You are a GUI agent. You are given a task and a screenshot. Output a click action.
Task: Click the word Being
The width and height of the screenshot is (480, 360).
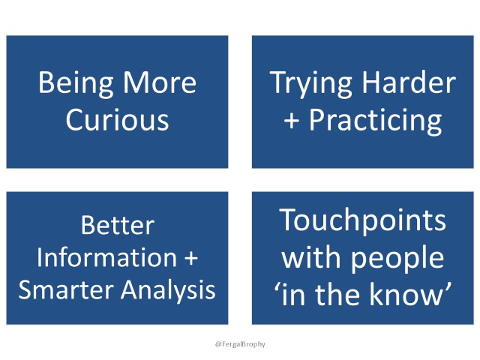(76, 84)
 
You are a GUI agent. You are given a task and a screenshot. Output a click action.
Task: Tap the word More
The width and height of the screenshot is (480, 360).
(160, 82)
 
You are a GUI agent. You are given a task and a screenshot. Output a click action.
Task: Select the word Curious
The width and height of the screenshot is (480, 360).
(117, 119)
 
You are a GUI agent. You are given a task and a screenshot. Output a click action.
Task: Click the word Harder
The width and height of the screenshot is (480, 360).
(409, 82)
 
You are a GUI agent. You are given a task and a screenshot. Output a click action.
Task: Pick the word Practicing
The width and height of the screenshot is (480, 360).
(375, 121)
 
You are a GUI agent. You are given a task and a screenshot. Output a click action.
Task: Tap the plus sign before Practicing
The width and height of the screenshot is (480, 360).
(292, 121)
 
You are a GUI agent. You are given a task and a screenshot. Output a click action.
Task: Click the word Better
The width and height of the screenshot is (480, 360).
(118, 225)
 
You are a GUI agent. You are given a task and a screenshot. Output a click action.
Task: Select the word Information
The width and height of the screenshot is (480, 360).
(106, 257)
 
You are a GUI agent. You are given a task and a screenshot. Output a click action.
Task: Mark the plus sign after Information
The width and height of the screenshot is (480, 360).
(191, 258)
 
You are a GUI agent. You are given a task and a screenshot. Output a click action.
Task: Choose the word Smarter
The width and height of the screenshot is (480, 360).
(66, 289)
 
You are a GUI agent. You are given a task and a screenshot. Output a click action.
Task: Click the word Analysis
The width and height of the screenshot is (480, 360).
(168, 290)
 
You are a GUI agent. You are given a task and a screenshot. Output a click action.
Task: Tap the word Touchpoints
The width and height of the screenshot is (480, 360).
(362, 221)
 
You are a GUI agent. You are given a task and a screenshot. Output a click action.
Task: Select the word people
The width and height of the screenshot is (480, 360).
(397, 259)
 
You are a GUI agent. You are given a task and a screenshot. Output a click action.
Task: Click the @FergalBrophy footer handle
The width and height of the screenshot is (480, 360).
(240, 344)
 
